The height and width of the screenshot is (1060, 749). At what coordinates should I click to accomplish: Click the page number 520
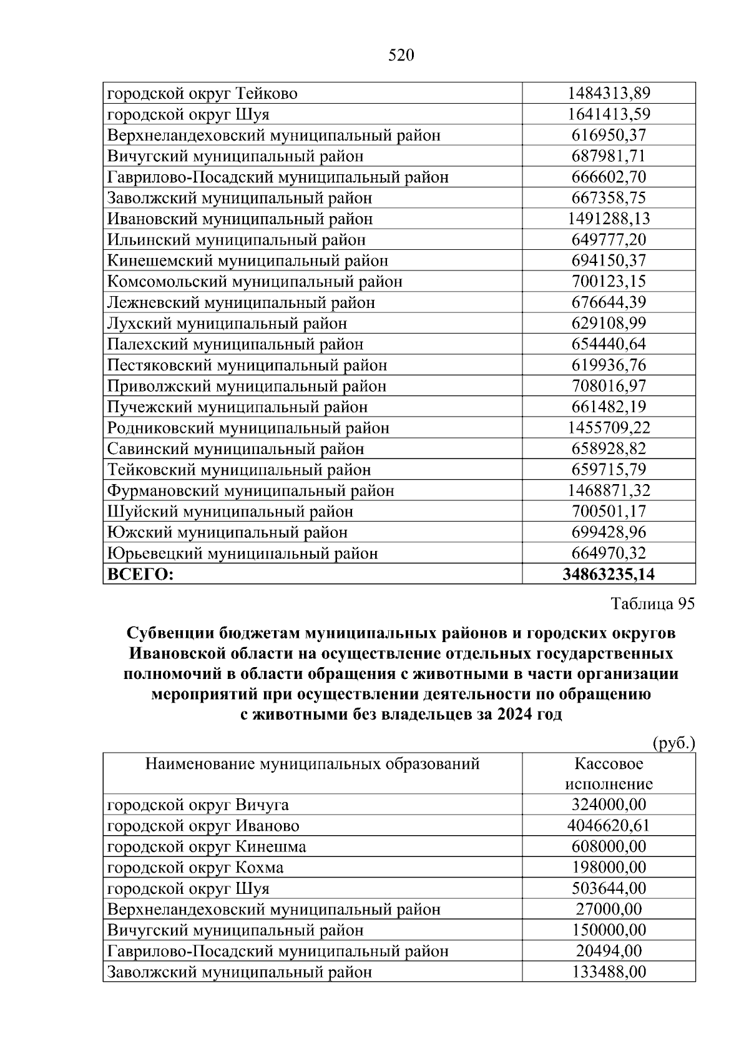click(401, 56)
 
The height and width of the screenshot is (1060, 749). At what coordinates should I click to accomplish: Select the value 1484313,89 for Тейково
click(609, 94)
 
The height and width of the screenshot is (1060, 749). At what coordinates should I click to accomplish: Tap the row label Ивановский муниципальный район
click(240, 219)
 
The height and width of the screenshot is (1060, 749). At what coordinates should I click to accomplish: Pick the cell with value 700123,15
click(609, 282)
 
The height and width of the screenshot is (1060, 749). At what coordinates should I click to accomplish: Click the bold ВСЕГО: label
click(140, 574)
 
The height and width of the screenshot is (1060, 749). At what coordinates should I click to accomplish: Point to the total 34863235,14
click(609, 574)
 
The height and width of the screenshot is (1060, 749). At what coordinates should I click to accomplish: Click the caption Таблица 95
click(652, 603)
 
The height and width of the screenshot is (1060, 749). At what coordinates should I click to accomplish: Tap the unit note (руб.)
click(673, 743)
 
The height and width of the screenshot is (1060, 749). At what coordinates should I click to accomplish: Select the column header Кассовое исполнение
click(609, 773)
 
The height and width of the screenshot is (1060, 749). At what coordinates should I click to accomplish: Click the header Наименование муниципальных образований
click(312, 763)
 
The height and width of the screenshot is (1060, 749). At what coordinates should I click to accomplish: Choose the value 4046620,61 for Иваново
click(609, 826)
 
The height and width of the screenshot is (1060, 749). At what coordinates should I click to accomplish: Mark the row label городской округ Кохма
click(195, 868)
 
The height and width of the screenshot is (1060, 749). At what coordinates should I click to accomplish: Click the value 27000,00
click(609, 909)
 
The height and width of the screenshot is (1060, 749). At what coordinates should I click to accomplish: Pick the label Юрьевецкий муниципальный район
click(242, 553)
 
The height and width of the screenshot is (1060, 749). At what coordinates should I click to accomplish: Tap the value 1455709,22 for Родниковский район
click(609, 428)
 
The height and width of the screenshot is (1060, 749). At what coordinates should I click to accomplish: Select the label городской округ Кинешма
click(207, 847)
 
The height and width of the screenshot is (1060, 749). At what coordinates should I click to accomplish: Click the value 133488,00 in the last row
click(609, 972)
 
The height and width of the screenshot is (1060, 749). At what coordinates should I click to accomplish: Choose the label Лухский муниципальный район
click(227, 324)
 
